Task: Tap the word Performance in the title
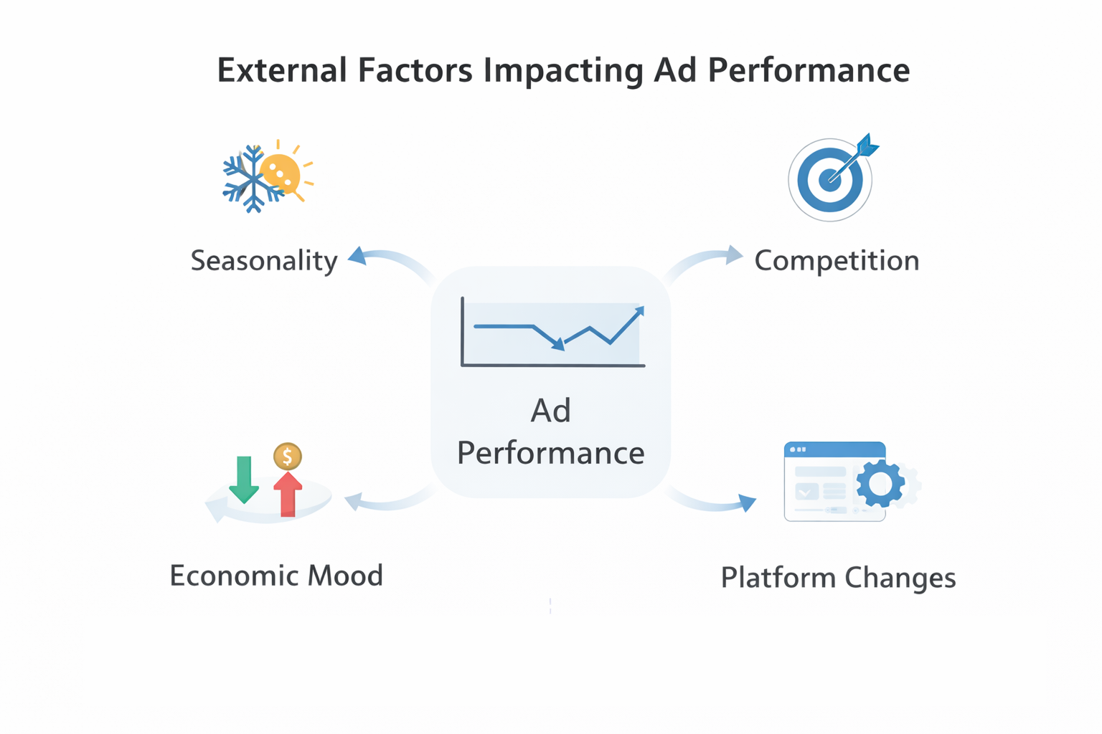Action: pyautogui.click(x=809, y=70)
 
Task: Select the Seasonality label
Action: pyautogui.click(x=263, y=260)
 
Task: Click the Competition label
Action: pyautogui.click(x=837, y=260)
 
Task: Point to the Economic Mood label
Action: pyautogui.click(x=276, y=576)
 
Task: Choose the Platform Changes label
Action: pyautogui.click(x=838, y=578)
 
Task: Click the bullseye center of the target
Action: pyautogui.click(x=829, y=179)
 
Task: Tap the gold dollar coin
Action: pyautogui.click(x=288, y=456)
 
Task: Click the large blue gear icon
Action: pyautogui.click(x=880, y=485)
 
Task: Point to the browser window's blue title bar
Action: pyautogui.click(x=834, y=449)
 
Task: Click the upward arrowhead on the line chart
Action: pyautogui.click(x=639, y=312)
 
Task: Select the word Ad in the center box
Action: pyautogui.click(x=550, y=411)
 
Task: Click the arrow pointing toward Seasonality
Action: pyautogui.click(x=359, y=257)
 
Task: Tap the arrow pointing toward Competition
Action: pyautogui.click(x=733, y=255)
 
